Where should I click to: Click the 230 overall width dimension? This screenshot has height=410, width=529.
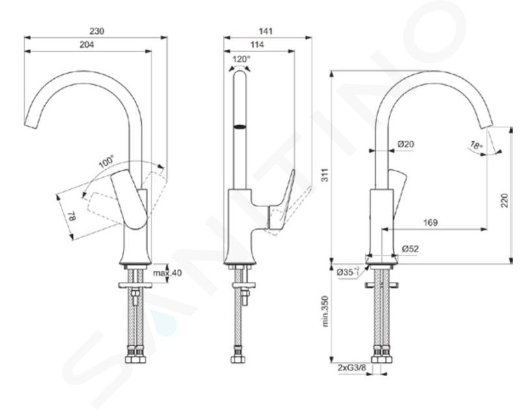97,31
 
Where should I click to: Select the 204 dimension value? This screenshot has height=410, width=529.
86,45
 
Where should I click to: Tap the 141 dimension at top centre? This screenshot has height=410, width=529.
266,31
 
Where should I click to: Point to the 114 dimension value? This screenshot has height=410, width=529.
257,45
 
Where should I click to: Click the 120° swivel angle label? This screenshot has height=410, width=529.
242,59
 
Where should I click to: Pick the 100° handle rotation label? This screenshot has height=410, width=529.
107,161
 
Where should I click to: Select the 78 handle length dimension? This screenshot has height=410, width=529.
72,216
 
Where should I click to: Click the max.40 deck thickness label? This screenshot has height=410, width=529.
167,272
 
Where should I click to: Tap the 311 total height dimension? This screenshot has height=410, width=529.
324,175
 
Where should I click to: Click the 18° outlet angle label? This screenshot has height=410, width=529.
476,145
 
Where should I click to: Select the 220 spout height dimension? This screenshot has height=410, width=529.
504,200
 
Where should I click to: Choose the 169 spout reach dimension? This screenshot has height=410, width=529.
430,223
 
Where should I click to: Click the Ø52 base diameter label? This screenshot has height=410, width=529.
410,249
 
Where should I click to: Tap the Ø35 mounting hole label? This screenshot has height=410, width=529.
348,271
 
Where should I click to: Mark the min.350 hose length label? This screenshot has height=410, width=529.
325,311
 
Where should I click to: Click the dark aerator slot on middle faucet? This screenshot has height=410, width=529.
240,127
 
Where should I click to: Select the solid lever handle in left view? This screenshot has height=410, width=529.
130,199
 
